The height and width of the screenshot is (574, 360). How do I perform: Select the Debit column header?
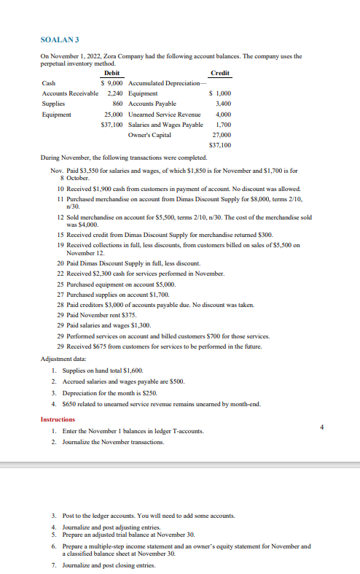point(113,73)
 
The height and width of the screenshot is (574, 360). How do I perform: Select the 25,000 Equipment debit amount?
point(112,115)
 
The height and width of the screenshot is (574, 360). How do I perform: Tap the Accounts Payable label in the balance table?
point(149,104)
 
